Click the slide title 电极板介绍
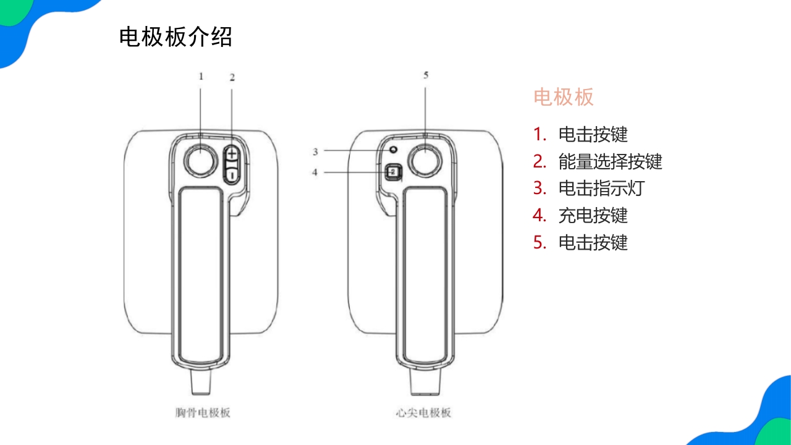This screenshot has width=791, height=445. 176,37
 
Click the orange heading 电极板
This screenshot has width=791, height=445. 563,97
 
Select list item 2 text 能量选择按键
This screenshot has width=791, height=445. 610,161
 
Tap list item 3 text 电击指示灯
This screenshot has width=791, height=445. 601,188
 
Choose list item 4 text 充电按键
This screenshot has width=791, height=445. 593,215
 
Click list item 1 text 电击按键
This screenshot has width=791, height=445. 593,134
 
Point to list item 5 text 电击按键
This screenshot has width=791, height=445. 593,242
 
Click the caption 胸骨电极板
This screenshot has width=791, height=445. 202,412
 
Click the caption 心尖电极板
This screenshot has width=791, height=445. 423,412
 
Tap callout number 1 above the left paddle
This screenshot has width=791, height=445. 201,76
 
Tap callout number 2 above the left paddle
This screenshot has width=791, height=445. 232,77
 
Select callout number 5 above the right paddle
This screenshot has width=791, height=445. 426,75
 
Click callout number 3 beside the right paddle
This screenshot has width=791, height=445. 315,151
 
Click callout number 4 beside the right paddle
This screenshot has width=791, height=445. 315,172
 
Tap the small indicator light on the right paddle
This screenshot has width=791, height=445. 392,150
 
